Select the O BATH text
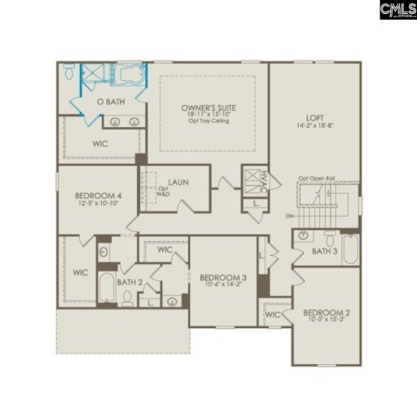coord(110,102)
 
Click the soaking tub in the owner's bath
coord(127,76)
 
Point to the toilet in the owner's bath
coord(70,73)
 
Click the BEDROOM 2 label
coord(326,315)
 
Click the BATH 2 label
coord(129,282)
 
